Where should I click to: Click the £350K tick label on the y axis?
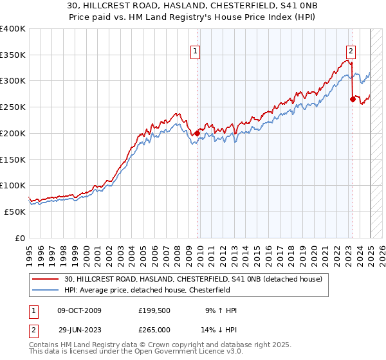tap(13, 55)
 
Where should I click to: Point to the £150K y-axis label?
tap(13, 159)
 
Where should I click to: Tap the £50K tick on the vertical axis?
tap(15, 212)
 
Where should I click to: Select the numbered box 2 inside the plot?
tap(351, 53)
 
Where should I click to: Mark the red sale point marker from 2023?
tap(353, 100)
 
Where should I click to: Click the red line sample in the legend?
tap(46, 278)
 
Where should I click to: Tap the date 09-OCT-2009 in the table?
tap(80, 310)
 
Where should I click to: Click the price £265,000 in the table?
tap(154, 330)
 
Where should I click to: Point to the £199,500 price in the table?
tap(154, 310)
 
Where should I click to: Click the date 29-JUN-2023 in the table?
tap(80, 330)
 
